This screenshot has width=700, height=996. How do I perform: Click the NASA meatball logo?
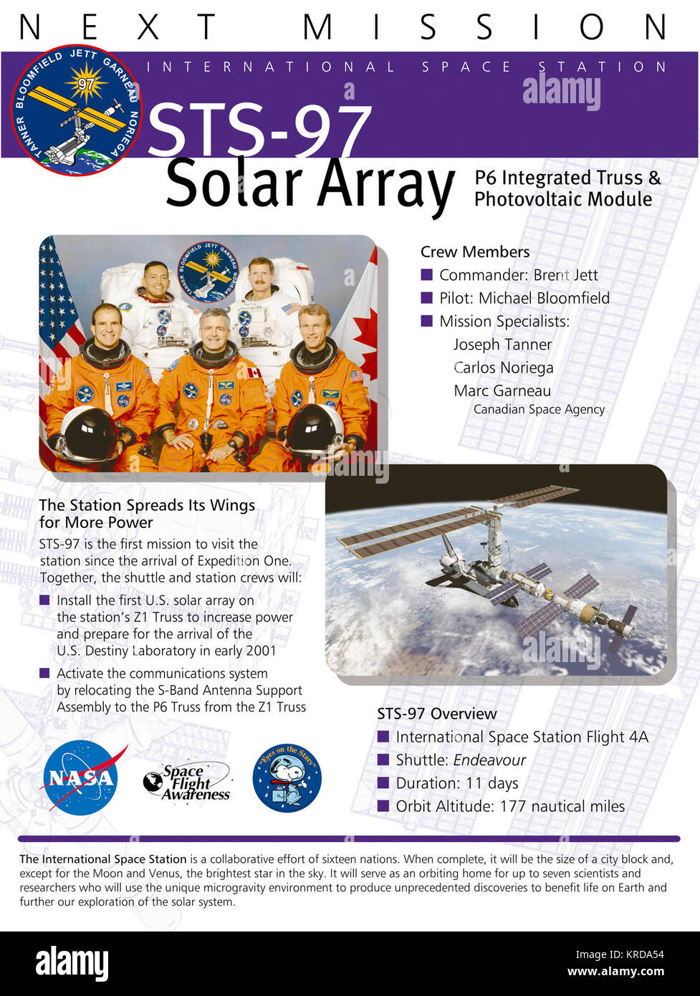click(x=81, y=777)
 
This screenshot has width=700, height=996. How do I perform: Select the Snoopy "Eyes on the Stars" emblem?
click(x=287, y=778)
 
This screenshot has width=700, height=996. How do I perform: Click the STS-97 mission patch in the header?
click(x=77, y=110)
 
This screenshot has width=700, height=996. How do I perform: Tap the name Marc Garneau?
click(x=502, y=391)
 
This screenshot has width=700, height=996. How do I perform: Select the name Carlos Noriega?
click(x=504, y=368)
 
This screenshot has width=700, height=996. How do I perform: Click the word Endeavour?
click(x=489, y=760)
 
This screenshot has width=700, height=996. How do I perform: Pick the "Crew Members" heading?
click(x=475, y=252)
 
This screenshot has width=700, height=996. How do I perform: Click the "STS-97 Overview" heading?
click(x=436, y=714)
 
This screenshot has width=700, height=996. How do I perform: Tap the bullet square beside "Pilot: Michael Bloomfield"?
click(x=427, y=298)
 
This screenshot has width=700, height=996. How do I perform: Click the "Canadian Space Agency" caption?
click(x=539, y=409)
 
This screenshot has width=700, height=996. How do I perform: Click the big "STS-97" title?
click(x=259, y=130)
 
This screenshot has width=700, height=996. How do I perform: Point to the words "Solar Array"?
click(x=310, y=184)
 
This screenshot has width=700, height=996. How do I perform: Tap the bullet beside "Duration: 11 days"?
click(x=383, y=783)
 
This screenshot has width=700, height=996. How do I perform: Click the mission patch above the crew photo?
click(x=208, y=272)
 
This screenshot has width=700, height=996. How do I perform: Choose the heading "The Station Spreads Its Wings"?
click(x=147, y=505)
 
